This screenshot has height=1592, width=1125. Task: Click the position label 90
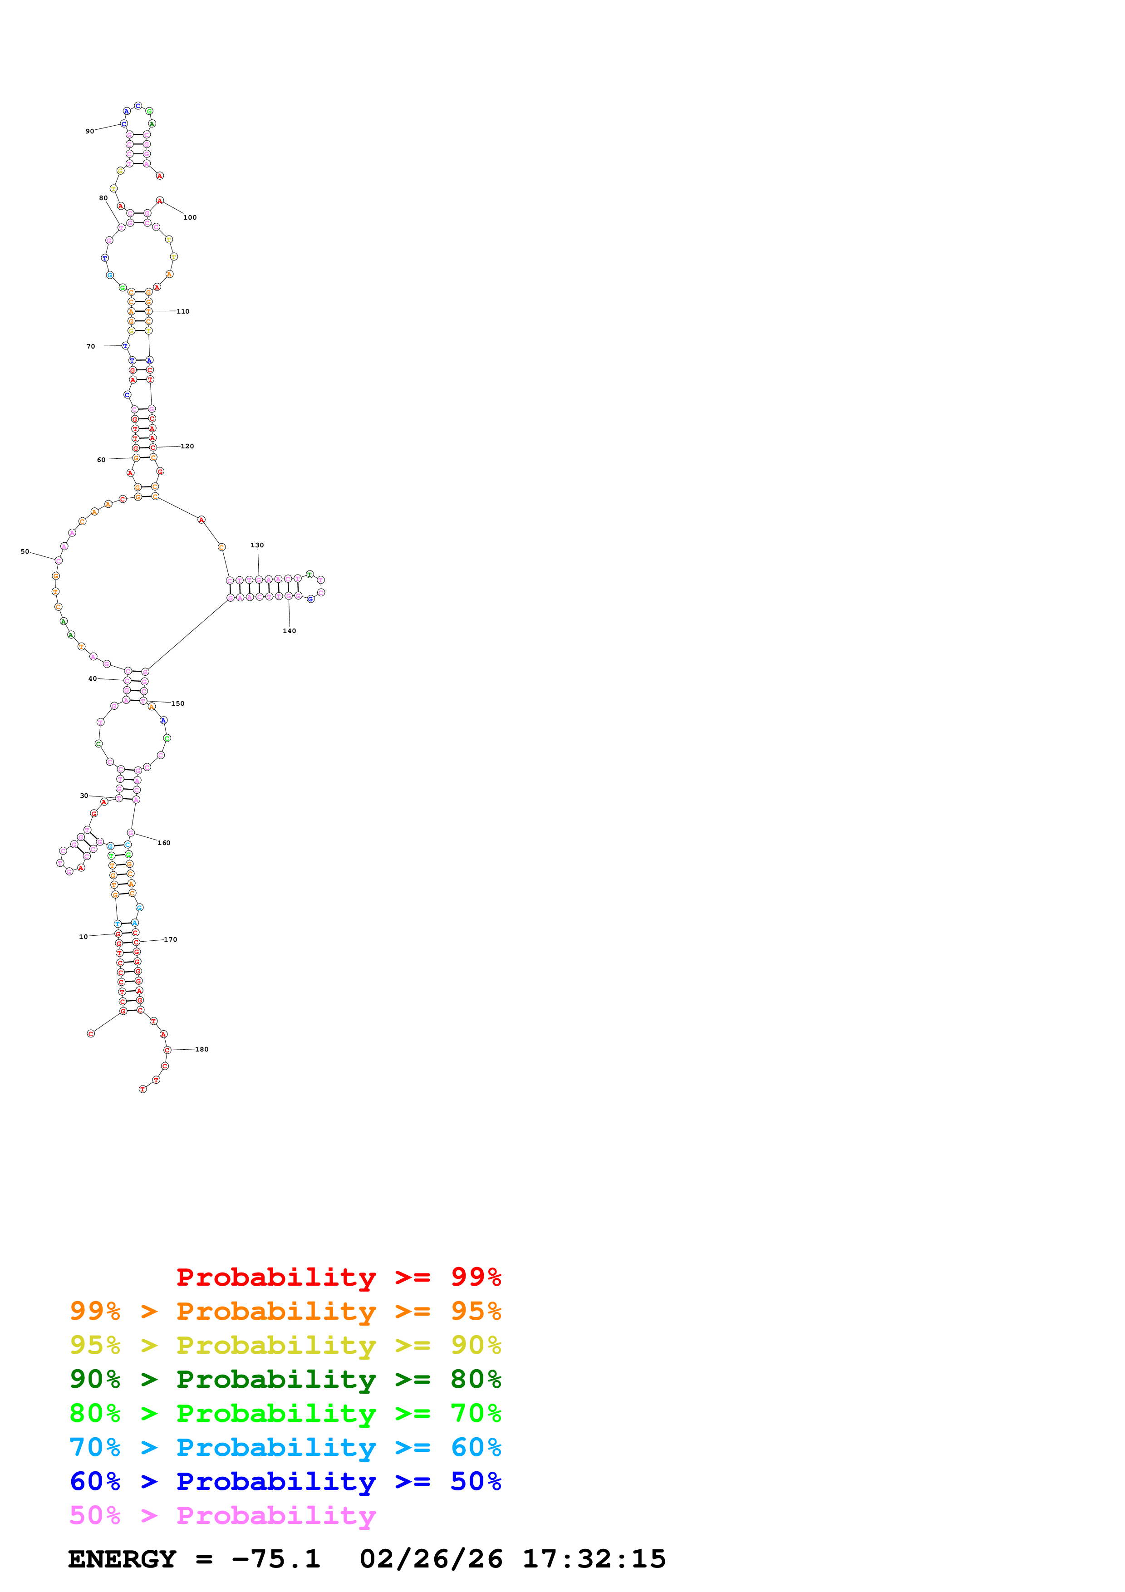[x=89, y=131]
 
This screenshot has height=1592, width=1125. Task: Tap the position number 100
[x=190, y=218]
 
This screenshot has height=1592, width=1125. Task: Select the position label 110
[x=183, y=311]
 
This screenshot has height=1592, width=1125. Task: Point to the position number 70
[x=91, y=346]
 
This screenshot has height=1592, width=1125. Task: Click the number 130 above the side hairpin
[x=257, y=545]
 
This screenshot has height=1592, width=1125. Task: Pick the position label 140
[x=289, y=631]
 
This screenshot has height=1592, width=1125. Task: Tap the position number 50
[x=25, y=552]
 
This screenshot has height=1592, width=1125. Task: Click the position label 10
[x=83, y=937]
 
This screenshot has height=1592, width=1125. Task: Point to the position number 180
[x=201, y=1049]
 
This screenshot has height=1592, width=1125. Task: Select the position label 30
[x=84, y=796]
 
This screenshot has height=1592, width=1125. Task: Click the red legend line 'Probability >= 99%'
[x=338, y=1277]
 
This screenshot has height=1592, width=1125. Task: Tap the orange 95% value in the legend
[x=476, y=1311]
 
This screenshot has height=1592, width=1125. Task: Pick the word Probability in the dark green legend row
[x=276, y=1379]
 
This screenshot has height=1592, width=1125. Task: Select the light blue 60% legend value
[x=476, y=1447]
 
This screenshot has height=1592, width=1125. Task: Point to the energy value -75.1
[x=276, y=1559]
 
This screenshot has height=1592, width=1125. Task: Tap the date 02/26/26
[x=431, y=1559]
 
